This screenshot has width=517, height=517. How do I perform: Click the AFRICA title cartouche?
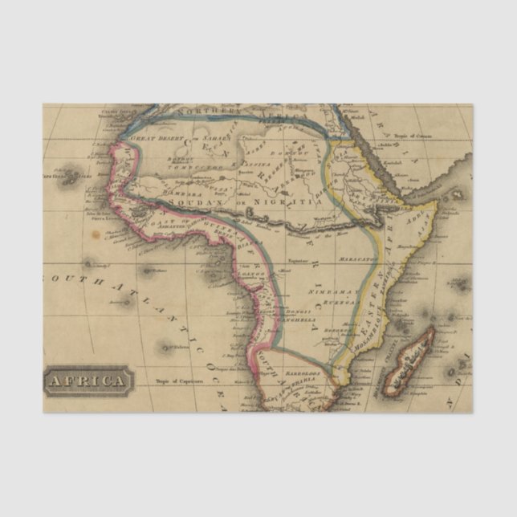point(88,380)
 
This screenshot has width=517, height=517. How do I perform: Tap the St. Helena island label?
point(168,348)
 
